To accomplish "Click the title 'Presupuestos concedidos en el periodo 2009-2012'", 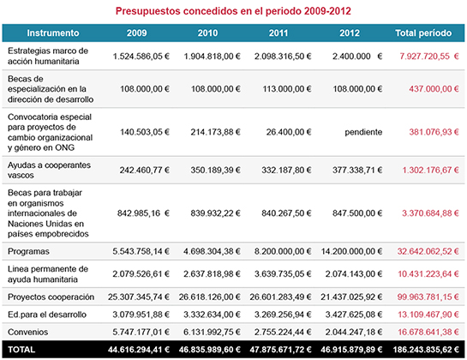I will tap(234, 11).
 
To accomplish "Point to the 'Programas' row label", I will tap(29, 252).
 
